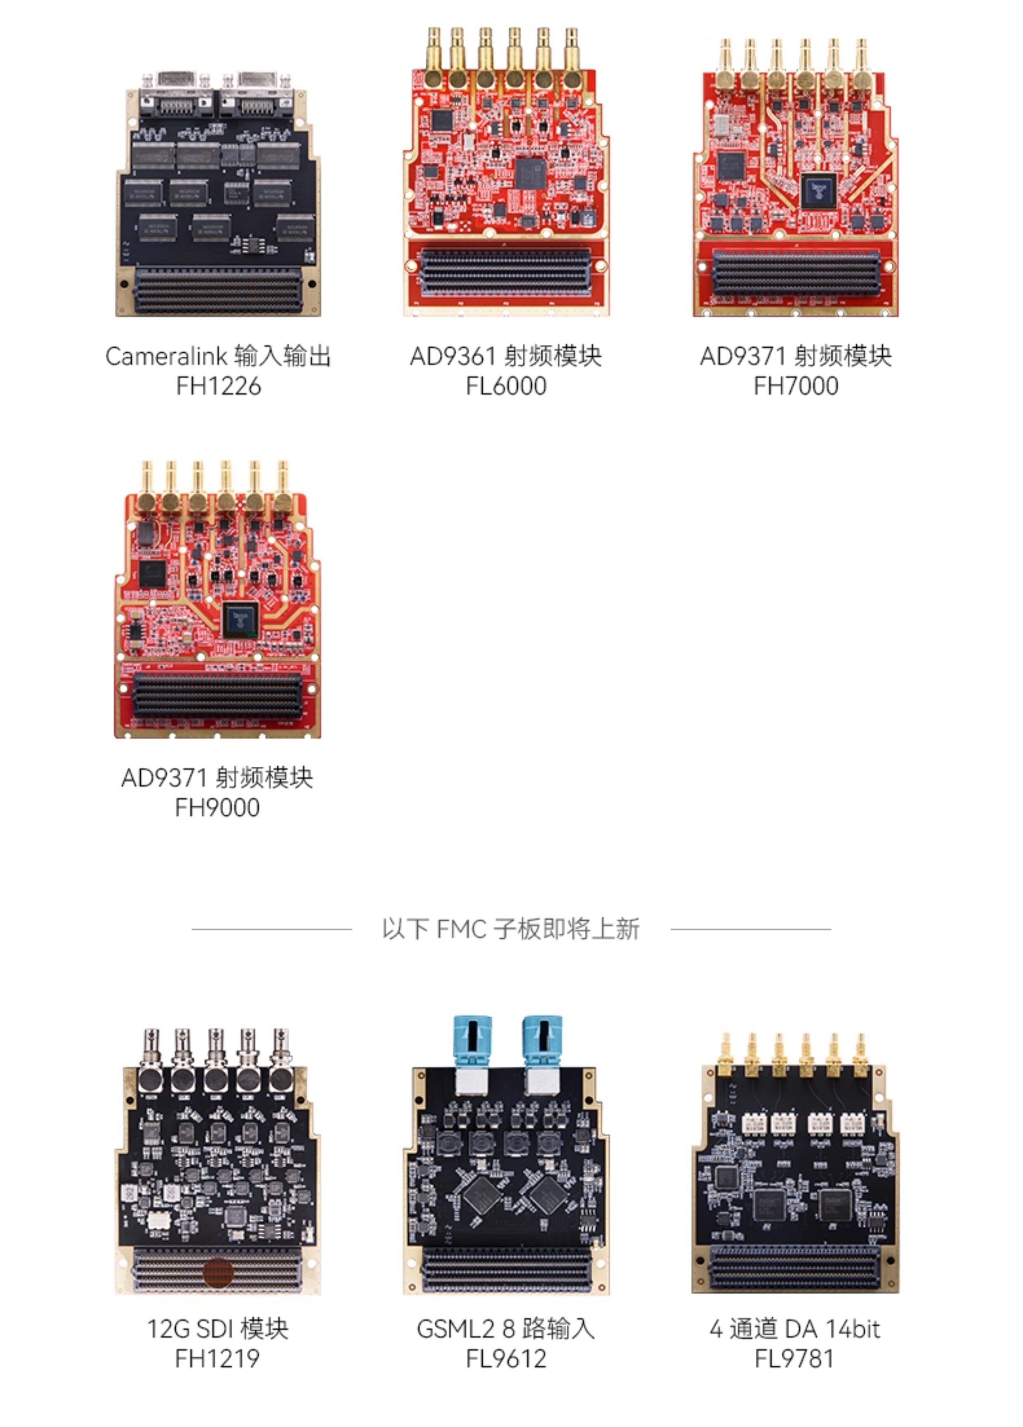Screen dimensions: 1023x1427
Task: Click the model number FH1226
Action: [218, 386]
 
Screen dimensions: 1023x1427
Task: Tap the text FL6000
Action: [506, 386]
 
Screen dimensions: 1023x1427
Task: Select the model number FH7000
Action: [796, 386]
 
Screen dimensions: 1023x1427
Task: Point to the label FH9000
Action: [217, 807]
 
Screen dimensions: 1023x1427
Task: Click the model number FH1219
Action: [217, 1358]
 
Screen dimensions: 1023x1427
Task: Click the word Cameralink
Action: [166, 356]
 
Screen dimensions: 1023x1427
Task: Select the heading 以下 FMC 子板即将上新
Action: [511, 929]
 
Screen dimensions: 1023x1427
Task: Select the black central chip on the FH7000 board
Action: [818, 191]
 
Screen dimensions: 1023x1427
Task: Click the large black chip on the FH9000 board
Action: [240, 620]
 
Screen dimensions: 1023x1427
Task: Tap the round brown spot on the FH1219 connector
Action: [218, 1272]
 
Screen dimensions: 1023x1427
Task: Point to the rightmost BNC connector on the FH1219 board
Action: [280, 1061]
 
